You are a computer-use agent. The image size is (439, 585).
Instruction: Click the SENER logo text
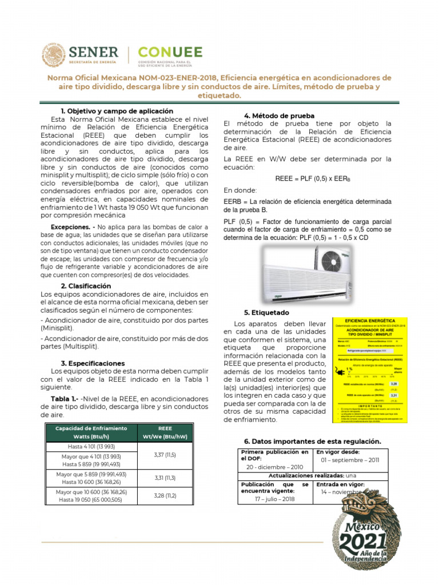coord(94,52)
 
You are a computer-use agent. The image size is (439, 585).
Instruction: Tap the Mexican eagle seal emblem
coord(54,55)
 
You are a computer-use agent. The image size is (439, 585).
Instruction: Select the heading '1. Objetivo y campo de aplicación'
coord(117,111)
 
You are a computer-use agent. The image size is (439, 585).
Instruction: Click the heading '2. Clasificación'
coord(86,286)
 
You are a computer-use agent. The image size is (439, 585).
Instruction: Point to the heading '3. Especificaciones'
coord(93,363)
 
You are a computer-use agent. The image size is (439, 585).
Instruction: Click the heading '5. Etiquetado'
coord(266,313)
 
